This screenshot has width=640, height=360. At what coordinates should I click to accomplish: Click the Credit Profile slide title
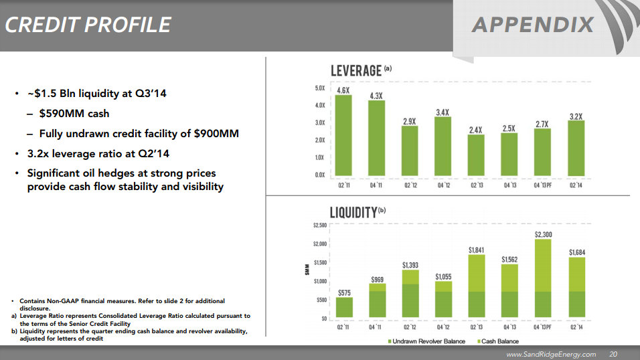(x=88, y=25)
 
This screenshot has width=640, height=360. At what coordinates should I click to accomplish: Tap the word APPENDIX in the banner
(x=532, y=25)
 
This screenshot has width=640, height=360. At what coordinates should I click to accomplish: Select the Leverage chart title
(x=357, y=70)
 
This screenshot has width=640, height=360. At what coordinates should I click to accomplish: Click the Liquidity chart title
(x=354, y=213)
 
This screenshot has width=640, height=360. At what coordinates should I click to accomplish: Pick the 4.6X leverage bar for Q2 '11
(x=343, y=134)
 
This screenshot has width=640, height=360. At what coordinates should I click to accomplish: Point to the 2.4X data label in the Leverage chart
(x=476, y=130)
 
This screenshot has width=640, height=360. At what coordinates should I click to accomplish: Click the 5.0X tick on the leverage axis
(x=319, y=88)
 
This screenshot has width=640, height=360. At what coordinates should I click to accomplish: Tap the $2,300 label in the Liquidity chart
(x=543, y=234)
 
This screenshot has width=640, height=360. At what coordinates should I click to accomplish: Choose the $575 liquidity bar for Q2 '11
(x=344, y=307)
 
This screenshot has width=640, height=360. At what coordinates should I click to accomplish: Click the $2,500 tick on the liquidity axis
(x=319, y=226)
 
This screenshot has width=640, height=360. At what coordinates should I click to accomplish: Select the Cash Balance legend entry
(x=498, y=342)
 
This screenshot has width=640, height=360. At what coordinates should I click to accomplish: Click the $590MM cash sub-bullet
(x=74, y=114)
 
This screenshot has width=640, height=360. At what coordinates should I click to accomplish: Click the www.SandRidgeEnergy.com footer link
(x=550, y=353)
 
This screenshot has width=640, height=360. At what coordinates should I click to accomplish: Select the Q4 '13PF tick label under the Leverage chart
(x=543, y=185)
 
